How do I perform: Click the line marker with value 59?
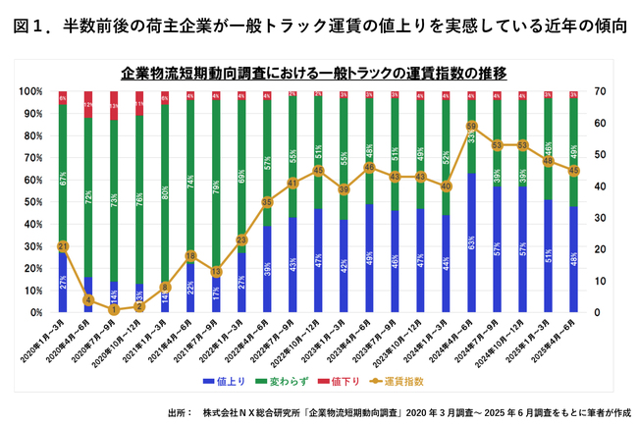pyautogui.click(x=472, y=127)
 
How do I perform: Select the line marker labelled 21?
pyautogui.click(x=64, y=246)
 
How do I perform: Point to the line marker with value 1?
pyautogui.click(x=115, y=309)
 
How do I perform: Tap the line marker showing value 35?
pyautogui.click(x=267, y=202)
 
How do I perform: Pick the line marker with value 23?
pyautogui.click(x=241, y=239)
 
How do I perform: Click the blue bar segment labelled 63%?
pyautogui.click(x=472, y=242)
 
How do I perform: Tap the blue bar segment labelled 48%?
pyautogui.click(x=574, y=259)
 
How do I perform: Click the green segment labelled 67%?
pyautogui.click(x=64, y=178)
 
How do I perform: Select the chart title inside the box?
pyautogui.click(x=318, y=73)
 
